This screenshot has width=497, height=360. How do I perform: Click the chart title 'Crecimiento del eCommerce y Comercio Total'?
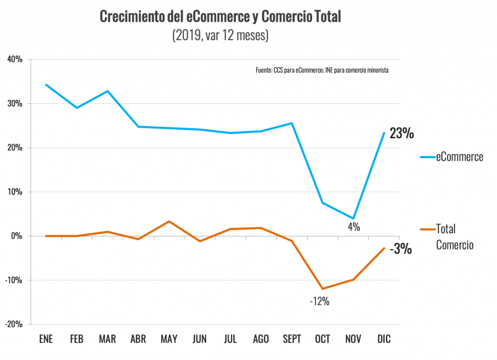pos(220,16)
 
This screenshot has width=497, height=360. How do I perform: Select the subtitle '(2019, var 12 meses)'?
pos(220,36)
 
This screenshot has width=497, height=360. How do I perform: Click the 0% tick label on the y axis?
pos(16,236)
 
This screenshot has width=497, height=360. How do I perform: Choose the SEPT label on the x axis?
pos(292,339)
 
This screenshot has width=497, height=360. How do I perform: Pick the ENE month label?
pos(46,339)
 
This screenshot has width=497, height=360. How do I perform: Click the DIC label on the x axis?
pos(384,339)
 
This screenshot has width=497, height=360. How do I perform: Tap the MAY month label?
pos(169,339)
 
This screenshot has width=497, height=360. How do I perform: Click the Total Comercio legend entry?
pos(454,237)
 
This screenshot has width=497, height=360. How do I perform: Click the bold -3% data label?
pos(402,249)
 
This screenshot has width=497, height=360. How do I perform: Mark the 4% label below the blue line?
pos(353,226)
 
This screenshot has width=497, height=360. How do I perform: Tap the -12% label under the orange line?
pos(320,301)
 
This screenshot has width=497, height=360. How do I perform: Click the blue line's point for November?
pos(353,218)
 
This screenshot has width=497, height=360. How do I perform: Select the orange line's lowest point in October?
pos(323,289)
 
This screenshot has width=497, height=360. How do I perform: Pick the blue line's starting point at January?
pos(46,84)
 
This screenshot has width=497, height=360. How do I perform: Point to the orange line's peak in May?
pos(169,221)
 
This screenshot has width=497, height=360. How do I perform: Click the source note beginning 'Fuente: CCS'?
pos(322,70)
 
